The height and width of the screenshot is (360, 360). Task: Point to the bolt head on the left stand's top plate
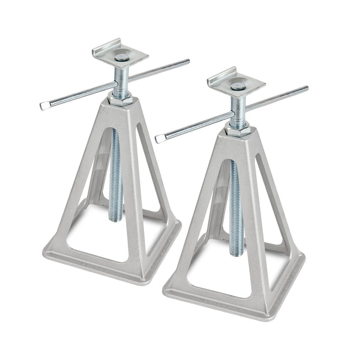coord(122,58)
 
